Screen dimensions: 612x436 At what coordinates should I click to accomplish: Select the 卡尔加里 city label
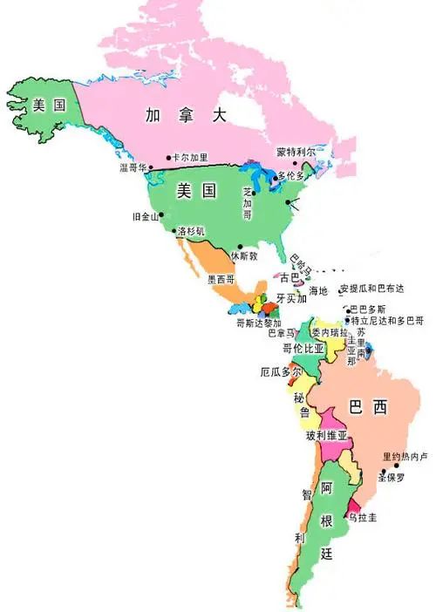tap(191, 158)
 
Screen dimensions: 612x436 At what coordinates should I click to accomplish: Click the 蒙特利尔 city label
tap(296, 151)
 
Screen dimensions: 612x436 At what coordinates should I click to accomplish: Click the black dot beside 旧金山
tap(161, 214)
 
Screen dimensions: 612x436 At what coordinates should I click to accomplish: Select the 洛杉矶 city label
tap(190, 232)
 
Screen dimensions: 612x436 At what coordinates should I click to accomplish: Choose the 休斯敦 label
tap(244, 256)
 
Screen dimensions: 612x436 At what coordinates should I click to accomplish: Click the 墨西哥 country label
tap(221, 281)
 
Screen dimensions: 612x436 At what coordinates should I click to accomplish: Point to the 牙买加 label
tap(291, 298)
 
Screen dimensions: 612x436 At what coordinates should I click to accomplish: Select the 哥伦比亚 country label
tap(303, 348)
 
